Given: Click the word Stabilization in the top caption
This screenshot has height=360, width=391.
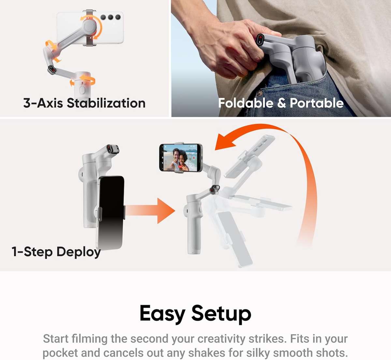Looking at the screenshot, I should tap(106, 103).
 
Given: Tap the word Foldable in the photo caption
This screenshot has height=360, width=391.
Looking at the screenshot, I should tap(246, 103).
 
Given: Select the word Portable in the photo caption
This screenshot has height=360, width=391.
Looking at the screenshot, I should tap(316, 103).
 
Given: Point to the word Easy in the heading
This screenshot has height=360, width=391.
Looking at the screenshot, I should tap(162, 314).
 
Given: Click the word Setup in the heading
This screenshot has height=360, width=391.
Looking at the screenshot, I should tap(221, 314).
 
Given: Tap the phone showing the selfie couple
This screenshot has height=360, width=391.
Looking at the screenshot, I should tap(180, 158).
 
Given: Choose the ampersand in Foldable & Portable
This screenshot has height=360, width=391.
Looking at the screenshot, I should tap(281, 103).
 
